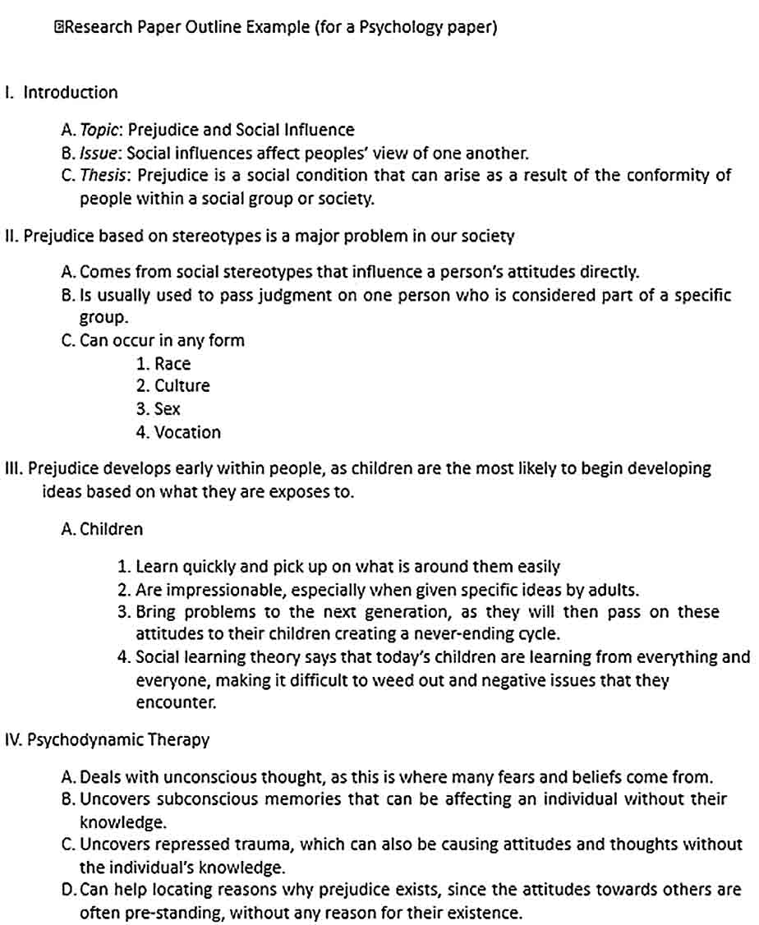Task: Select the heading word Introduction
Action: coord(71,92)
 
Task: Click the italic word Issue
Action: coord(99,153)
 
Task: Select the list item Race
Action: coord(172,363)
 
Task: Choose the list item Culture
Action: coord(182,385)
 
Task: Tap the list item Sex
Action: coord(167,408)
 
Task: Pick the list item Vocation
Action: coord(187,431)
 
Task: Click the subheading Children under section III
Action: coord(111,529)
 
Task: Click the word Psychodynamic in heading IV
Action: coord(86,739)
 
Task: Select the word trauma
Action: coord(260,844)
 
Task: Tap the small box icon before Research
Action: coord(58,27)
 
